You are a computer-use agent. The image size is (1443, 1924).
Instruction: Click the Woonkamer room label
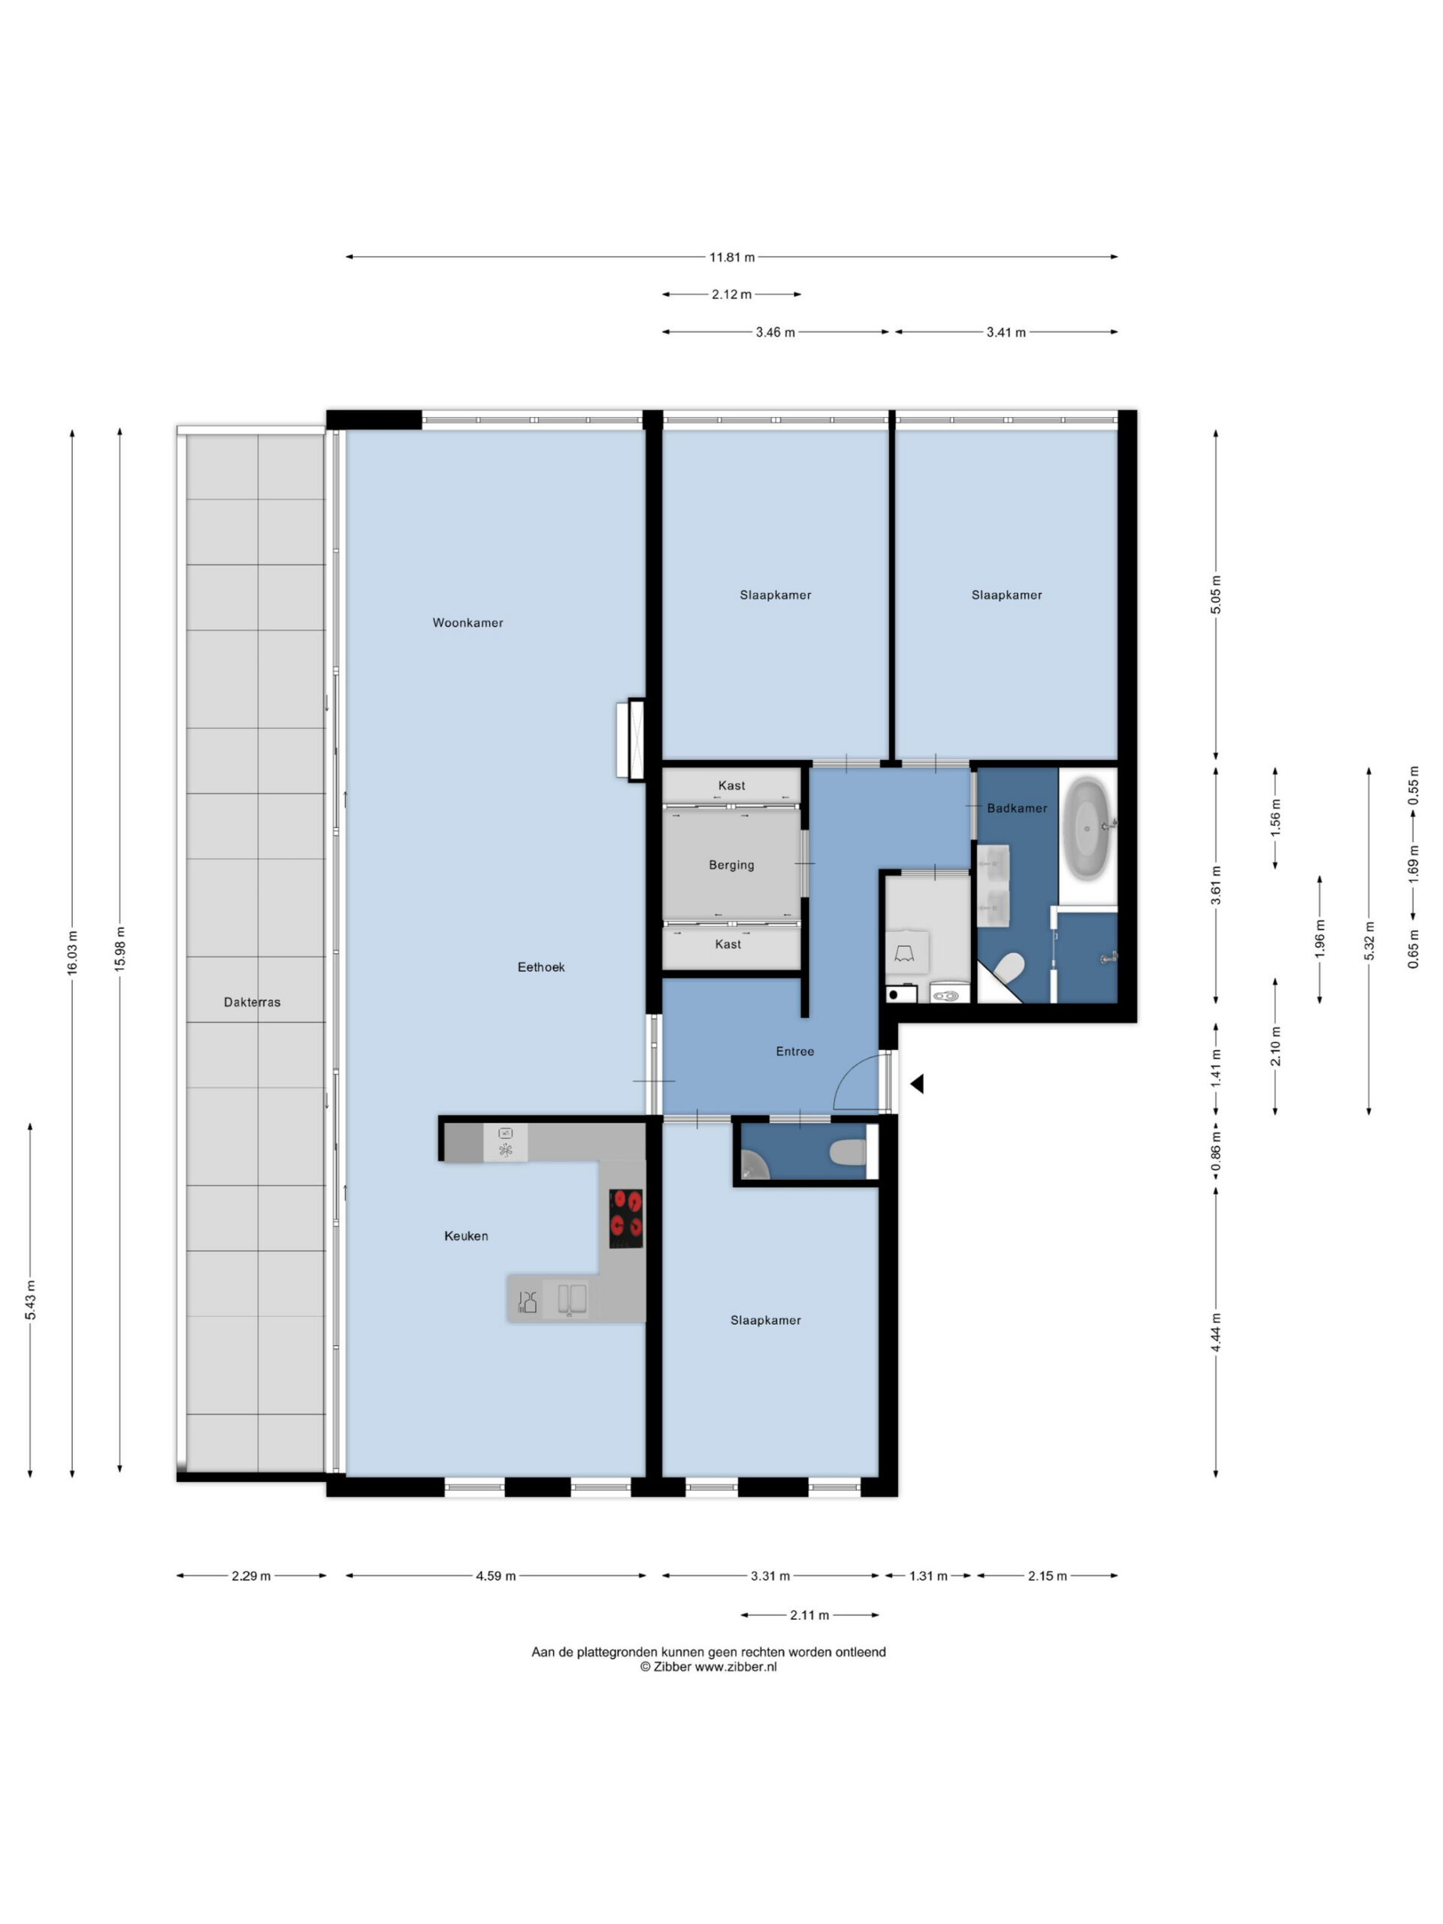tap(468, 623)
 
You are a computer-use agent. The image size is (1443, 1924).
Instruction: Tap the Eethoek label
tap(541, 967)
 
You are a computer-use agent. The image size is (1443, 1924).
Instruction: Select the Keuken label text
tap(466, 1236)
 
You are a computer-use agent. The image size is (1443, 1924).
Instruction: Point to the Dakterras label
tap(253, 1002)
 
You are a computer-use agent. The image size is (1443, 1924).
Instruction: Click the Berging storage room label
tap(731, 866)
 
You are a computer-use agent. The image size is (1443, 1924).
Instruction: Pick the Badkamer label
tap(1017, 808)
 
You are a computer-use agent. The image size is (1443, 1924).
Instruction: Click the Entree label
tap(795, 1051)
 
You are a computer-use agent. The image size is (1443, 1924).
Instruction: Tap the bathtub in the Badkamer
tap(1088, 829)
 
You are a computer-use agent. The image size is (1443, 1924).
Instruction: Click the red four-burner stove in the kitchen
tap(625, 1218)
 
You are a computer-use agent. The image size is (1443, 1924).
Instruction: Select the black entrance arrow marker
tap(917, 1084)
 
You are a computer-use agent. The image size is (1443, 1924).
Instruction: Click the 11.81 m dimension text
tap(732, 258)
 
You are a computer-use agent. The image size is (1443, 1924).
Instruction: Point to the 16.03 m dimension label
tap(72, 952)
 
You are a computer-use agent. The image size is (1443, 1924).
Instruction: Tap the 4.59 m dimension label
tap(496, 1576)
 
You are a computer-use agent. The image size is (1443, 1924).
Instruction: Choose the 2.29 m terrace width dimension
tap(251, 1576)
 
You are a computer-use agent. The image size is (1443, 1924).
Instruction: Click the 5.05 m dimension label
tap(1216, 595)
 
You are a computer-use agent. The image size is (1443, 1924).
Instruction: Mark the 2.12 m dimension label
tap(731, 295)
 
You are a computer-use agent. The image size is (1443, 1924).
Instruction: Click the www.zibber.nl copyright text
tap(708, 1668)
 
